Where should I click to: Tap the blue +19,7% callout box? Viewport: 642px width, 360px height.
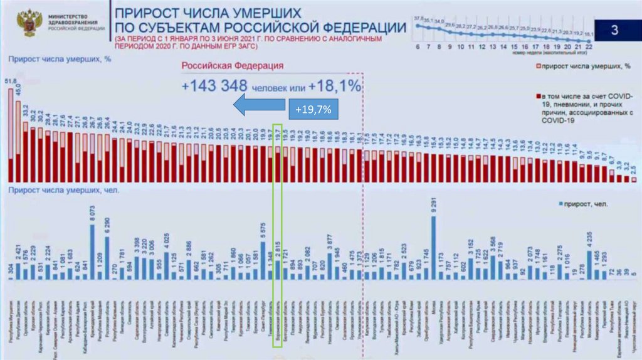coord(313,110)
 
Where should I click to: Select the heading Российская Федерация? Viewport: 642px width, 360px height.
coord(231,66)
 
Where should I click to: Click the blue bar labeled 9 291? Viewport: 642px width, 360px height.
coord(434,248)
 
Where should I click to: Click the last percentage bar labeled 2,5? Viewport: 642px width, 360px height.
coord(634,179)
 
